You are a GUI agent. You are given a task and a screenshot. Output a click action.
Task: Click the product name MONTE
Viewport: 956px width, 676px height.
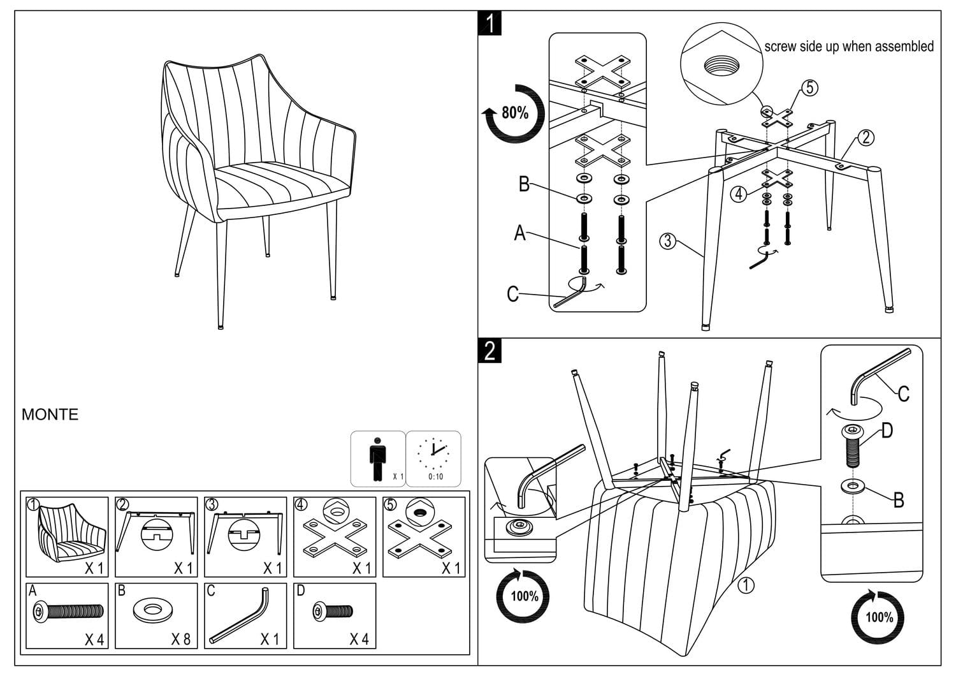[50, 415]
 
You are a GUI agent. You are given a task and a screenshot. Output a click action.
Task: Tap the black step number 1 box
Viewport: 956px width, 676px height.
[489, 24]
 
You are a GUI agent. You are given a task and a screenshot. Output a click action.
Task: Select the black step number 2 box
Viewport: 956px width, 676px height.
[489, 351]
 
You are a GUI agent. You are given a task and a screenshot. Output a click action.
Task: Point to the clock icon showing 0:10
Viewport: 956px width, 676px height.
[434, 458]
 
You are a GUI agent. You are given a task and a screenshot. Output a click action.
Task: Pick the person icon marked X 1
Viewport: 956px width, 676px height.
[378, 458]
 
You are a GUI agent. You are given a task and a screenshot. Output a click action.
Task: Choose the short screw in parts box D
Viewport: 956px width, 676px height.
[333, 612]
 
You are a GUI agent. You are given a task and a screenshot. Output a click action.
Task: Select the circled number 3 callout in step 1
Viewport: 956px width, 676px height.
[667, 241]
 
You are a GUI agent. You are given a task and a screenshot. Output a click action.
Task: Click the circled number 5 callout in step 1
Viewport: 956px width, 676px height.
[809, 87]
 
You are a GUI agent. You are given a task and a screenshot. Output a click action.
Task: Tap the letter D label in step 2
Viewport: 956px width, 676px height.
[887, 431]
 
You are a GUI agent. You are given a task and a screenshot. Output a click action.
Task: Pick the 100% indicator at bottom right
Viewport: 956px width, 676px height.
[879, 617]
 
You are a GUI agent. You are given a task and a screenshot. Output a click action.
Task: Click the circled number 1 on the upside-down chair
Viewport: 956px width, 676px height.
[745, 585]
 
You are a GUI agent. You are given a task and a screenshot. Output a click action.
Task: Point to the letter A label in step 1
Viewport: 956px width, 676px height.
[520, 234]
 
